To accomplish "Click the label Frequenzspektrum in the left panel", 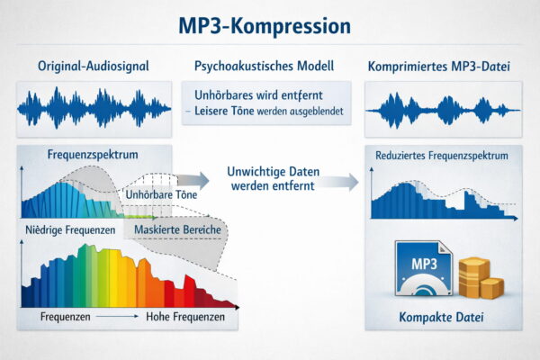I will coord(93,155).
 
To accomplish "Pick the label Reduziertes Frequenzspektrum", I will coord(442,156).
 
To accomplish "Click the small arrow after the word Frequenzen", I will coord(114,319).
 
